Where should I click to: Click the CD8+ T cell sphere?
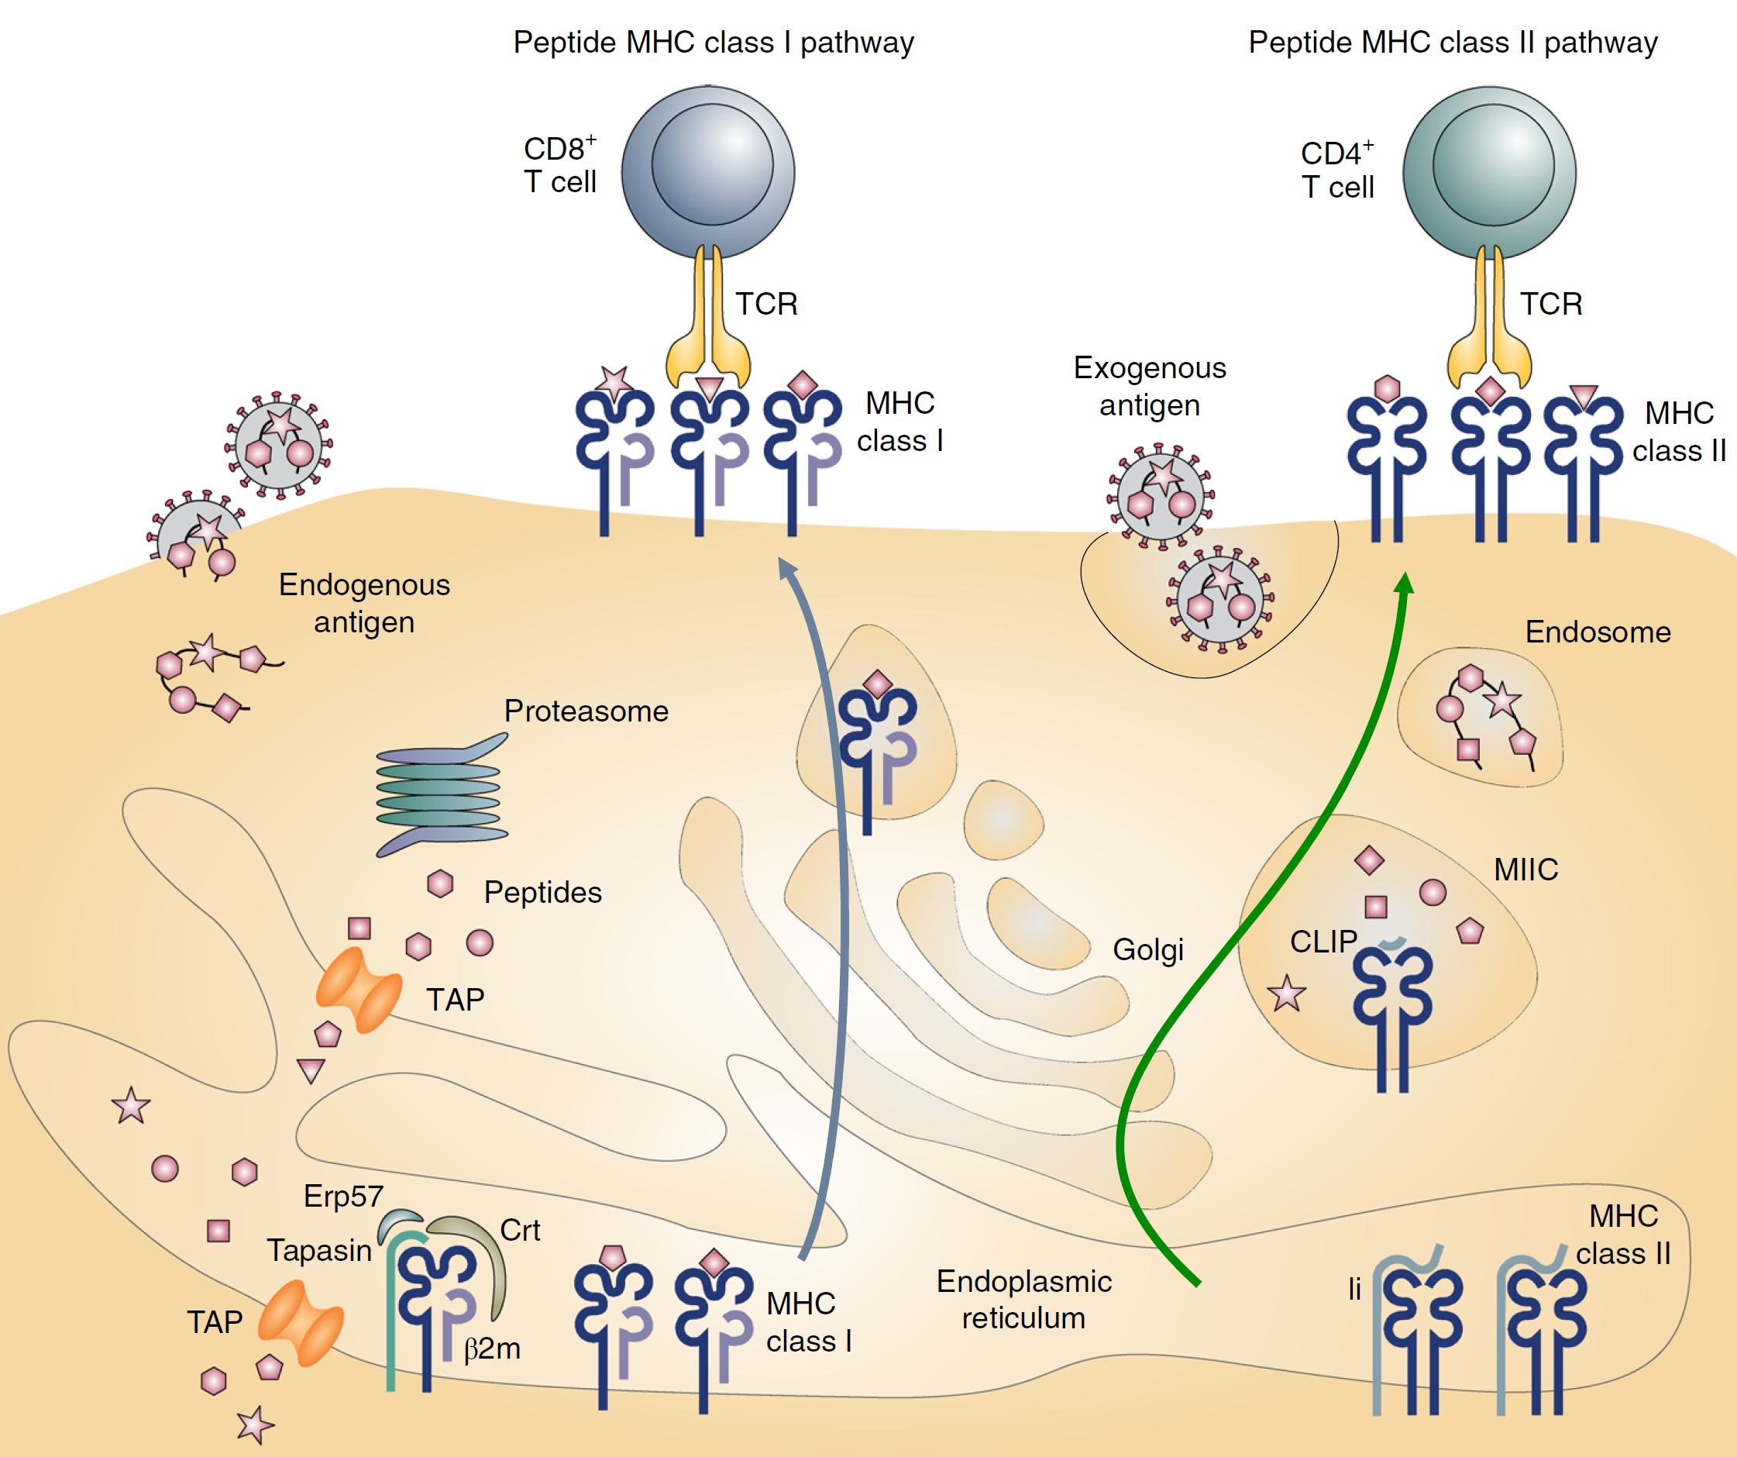tap(708, 172)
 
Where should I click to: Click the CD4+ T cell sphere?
tap(1489, 172)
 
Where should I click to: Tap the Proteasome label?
tap(586, 711)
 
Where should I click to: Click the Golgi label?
tap(1147, 949)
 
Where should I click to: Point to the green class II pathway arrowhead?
tap(1404, 584)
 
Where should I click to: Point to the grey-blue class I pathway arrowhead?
tap(786, 569)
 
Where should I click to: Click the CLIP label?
tap(1323, 942)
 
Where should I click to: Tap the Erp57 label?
tap(343, 1197)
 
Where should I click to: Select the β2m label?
tap(492, 1348)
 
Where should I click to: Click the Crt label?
tap(521, 1230)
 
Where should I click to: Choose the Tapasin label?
tap(319, 1250)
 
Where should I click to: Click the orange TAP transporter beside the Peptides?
tap(358, 990)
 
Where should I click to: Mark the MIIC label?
tap(1526, 870)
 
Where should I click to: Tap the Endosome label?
tap(1598, 632)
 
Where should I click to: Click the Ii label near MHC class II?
tap(1354, 1289)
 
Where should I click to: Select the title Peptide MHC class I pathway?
tap(713, 42)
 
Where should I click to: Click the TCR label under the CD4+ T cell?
tap(1551, 305)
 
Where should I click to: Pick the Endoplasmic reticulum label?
tap(1023, 1300)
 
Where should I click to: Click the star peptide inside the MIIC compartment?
tap(1287, 994)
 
